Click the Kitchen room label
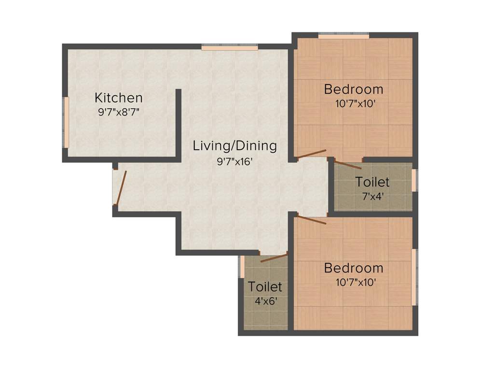click(x=118, y=98)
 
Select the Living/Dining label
click(x=235, y=145)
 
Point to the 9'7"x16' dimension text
click(x=235, y=161)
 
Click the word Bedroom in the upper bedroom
click(x=354, y=89)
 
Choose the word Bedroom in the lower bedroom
click(x=354, y=268)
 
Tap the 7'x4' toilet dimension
click(x=372, y=197)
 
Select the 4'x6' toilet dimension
click(x=265, y=300)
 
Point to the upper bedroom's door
click(x=312, y=154)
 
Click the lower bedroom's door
click(x=312, y=220)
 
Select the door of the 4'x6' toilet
click(x=274, y=257)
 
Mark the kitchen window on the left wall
click(x=66, y=122)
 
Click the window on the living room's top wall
click(x=230, y=47)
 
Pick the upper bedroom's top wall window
click(x=343, y=36)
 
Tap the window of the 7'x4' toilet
click(x=414, y=180)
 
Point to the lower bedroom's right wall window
click(x=414, y=277)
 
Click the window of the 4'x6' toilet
click(x=242, y=267)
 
